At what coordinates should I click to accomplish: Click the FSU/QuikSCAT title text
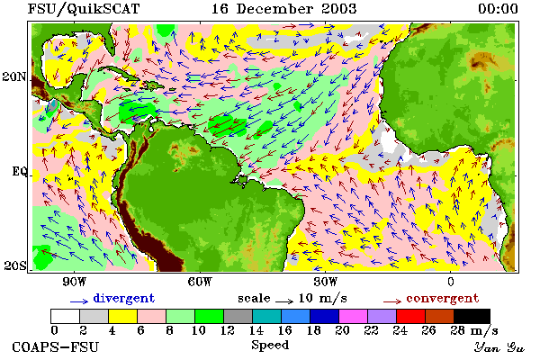(x=84, y=9)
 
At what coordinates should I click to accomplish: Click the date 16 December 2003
(x=283, y=9)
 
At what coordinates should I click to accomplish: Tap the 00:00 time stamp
(x=498, y=9)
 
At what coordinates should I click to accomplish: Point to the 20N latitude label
(x=14, y=76)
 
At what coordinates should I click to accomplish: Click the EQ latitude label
(x=20, y=171)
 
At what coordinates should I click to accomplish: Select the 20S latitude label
(x=15, y=265)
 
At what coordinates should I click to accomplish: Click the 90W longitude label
(x=74, y=282)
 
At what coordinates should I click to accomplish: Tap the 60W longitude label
(x=200, y=282)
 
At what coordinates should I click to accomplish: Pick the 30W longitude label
(x=326, y=282)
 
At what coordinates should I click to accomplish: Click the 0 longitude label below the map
(x=451, y=282)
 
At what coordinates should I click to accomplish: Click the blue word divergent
(x=123, y=298)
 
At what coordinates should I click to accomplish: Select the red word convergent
(x=443, y=298)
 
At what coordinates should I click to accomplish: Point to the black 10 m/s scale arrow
(x=284, y=301)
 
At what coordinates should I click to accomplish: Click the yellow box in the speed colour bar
(x=123, y=316)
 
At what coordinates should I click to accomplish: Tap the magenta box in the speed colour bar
(x=354, y=316)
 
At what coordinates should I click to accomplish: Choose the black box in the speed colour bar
(x=472, y=316)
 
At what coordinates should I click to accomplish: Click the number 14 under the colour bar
(x=256, y=330)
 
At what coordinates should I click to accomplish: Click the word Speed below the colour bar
(x=270, y=346)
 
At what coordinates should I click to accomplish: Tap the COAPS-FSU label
(x=56, y=346)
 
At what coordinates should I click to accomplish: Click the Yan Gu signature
(x=499, y=347)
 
